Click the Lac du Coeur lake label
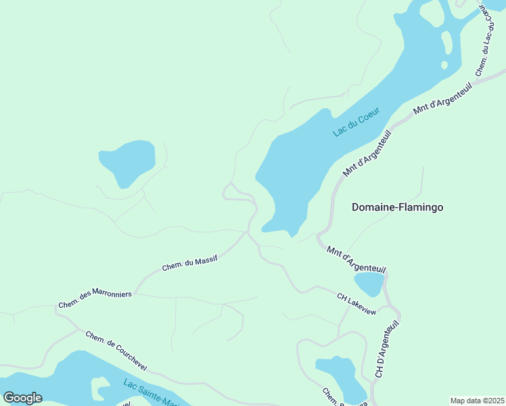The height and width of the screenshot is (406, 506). (x=357, y=121)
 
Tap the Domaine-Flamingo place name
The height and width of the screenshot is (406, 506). (x=397, y=207)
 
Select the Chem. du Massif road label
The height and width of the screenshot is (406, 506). (x=190, y=263)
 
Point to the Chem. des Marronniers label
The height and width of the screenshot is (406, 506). (x=95, y=298)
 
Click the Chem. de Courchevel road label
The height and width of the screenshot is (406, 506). (x=116, y=350)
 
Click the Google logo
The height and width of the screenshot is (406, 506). (x=22, y=398)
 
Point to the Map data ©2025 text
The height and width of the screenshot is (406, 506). (x=477, y=401)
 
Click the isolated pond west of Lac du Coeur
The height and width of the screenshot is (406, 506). (x=127, y=161)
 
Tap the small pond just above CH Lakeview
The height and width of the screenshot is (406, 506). (x=369, y=284)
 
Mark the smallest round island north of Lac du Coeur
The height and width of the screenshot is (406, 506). (x=444, y=65)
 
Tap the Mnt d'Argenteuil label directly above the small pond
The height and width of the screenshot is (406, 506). (x=356, y=261)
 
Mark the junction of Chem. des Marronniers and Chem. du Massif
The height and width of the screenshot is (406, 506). (x=135, y=292)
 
